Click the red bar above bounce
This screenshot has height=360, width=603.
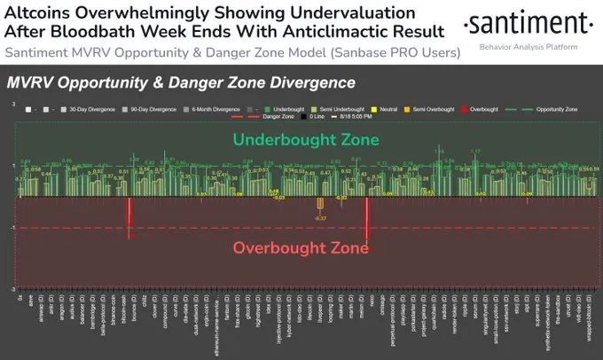(x=129, y=216)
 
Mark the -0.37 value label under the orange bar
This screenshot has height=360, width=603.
(x=320, y=218)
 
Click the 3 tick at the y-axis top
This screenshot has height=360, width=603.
(x=12, y=105)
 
